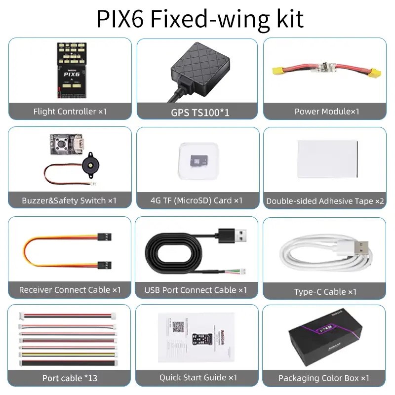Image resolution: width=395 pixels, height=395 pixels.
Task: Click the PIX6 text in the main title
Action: click(x=120, y=19)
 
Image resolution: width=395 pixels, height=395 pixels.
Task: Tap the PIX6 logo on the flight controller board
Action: click(x=72, y=74)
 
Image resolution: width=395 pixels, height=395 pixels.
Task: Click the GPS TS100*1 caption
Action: click(x=200, y=113)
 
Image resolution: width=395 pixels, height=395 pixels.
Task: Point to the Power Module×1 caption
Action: click(x=327, y=112)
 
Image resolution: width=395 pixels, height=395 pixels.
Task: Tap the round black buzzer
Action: click(x=91, y=165)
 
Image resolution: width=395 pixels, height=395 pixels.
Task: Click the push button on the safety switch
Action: click(x=61, y=145)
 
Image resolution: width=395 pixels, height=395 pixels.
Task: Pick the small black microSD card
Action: click(x=199, y=161)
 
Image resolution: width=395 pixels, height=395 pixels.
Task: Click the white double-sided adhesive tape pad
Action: click(x=327, y=159)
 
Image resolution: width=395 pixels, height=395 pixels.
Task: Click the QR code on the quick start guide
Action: click(x=178, y=327)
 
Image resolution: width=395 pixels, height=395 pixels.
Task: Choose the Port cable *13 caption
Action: click(x=70, y=378)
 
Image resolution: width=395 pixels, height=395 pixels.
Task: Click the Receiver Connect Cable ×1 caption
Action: click(x=70, y=290)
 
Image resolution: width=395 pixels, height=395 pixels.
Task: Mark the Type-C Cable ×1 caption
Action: click(x=325, y=292)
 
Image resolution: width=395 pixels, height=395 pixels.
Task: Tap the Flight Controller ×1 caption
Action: click(x=70, y=112)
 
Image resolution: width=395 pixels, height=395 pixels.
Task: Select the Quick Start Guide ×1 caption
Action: click(x=198, y=377)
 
